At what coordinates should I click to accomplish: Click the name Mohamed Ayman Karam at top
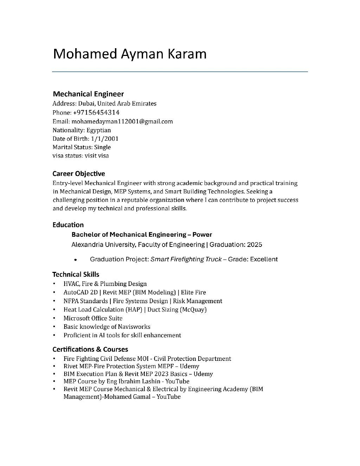coord(129,54)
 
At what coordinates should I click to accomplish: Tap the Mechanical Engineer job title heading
coord(88,94)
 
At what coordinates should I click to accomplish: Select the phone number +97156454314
coord(96,113)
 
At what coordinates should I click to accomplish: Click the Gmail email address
coord(122,121)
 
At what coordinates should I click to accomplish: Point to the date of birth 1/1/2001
coord(104,139)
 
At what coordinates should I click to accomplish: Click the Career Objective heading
coord(78,173)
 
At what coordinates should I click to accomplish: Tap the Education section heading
coord(68,225)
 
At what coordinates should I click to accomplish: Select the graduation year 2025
coord(254,244)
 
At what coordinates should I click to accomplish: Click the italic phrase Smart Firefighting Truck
coord(186,259)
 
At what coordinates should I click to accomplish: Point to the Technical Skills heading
coord(76,274)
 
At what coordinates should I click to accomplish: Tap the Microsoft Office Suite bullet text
coord(93,318)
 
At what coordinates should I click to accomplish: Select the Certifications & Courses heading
coord(90,349)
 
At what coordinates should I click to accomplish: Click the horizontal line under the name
coord(180,72)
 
